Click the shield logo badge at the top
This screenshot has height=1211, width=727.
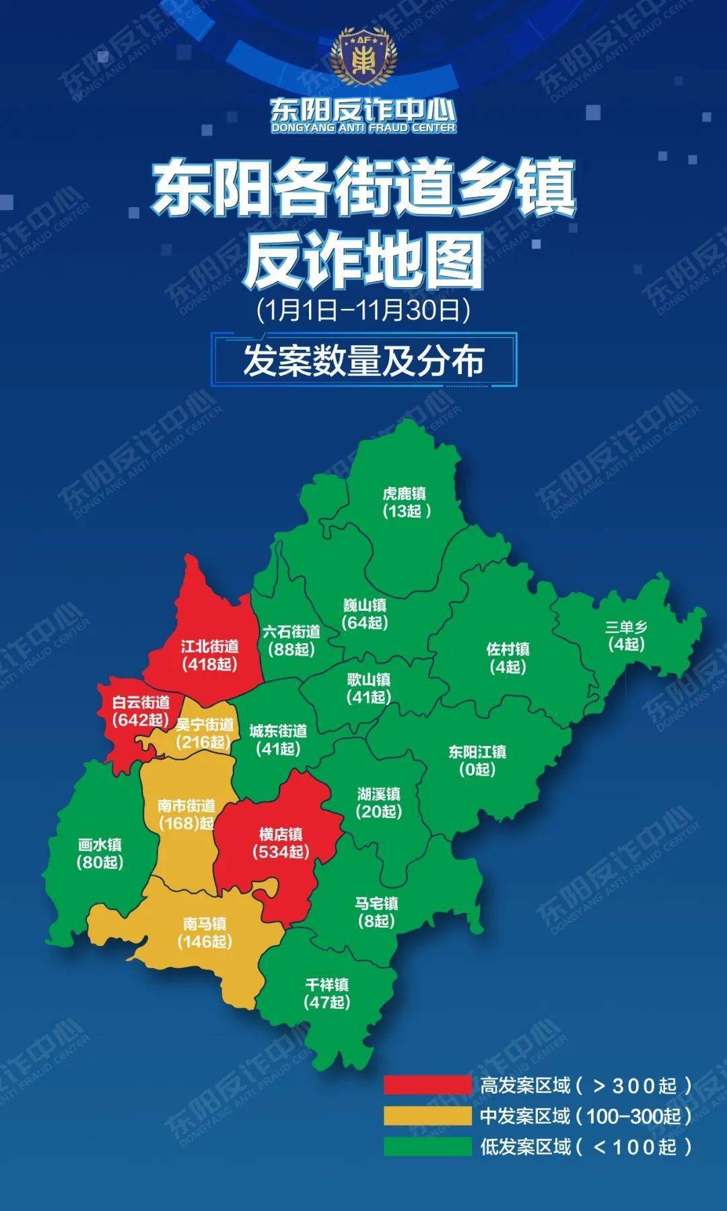coord(363,59)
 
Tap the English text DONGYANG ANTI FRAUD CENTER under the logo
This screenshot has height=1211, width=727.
coord(363,128)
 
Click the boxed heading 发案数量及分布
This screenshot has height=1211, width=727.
coord(363,361)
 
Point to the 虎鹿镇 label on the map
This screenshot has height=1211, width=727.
coord(405,494)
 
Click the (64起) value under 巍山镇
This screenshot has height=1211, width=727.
coord(365,622)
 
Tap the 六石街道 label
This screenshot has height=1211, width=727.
coord(291,632)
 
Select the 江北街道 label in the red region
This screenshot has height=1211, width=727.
coord(210,647)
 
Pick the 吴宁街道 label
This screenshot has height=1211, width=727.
coord(204,725)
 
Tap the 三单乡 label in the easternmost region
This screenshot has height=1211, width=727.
coord(626,627)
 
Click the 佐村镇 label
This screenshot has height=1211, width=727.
coord(508,649)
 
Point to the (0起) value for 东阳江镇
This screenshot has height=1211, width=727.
coord(477,769)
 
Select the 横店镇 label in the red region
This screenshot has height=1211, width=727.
coord(281,834)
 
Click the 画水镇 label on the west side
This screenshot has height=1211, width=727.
coord(100,845)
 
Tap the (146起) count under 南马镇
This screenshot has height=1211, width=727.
coord(205,941)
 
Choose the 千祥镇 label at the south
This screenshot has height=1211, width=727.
coord(327,985)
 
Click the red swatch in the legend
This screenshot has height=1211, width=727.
coord(427,1085)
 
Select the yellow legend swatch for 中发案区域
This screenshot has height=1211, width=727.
coord(427,1116)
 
